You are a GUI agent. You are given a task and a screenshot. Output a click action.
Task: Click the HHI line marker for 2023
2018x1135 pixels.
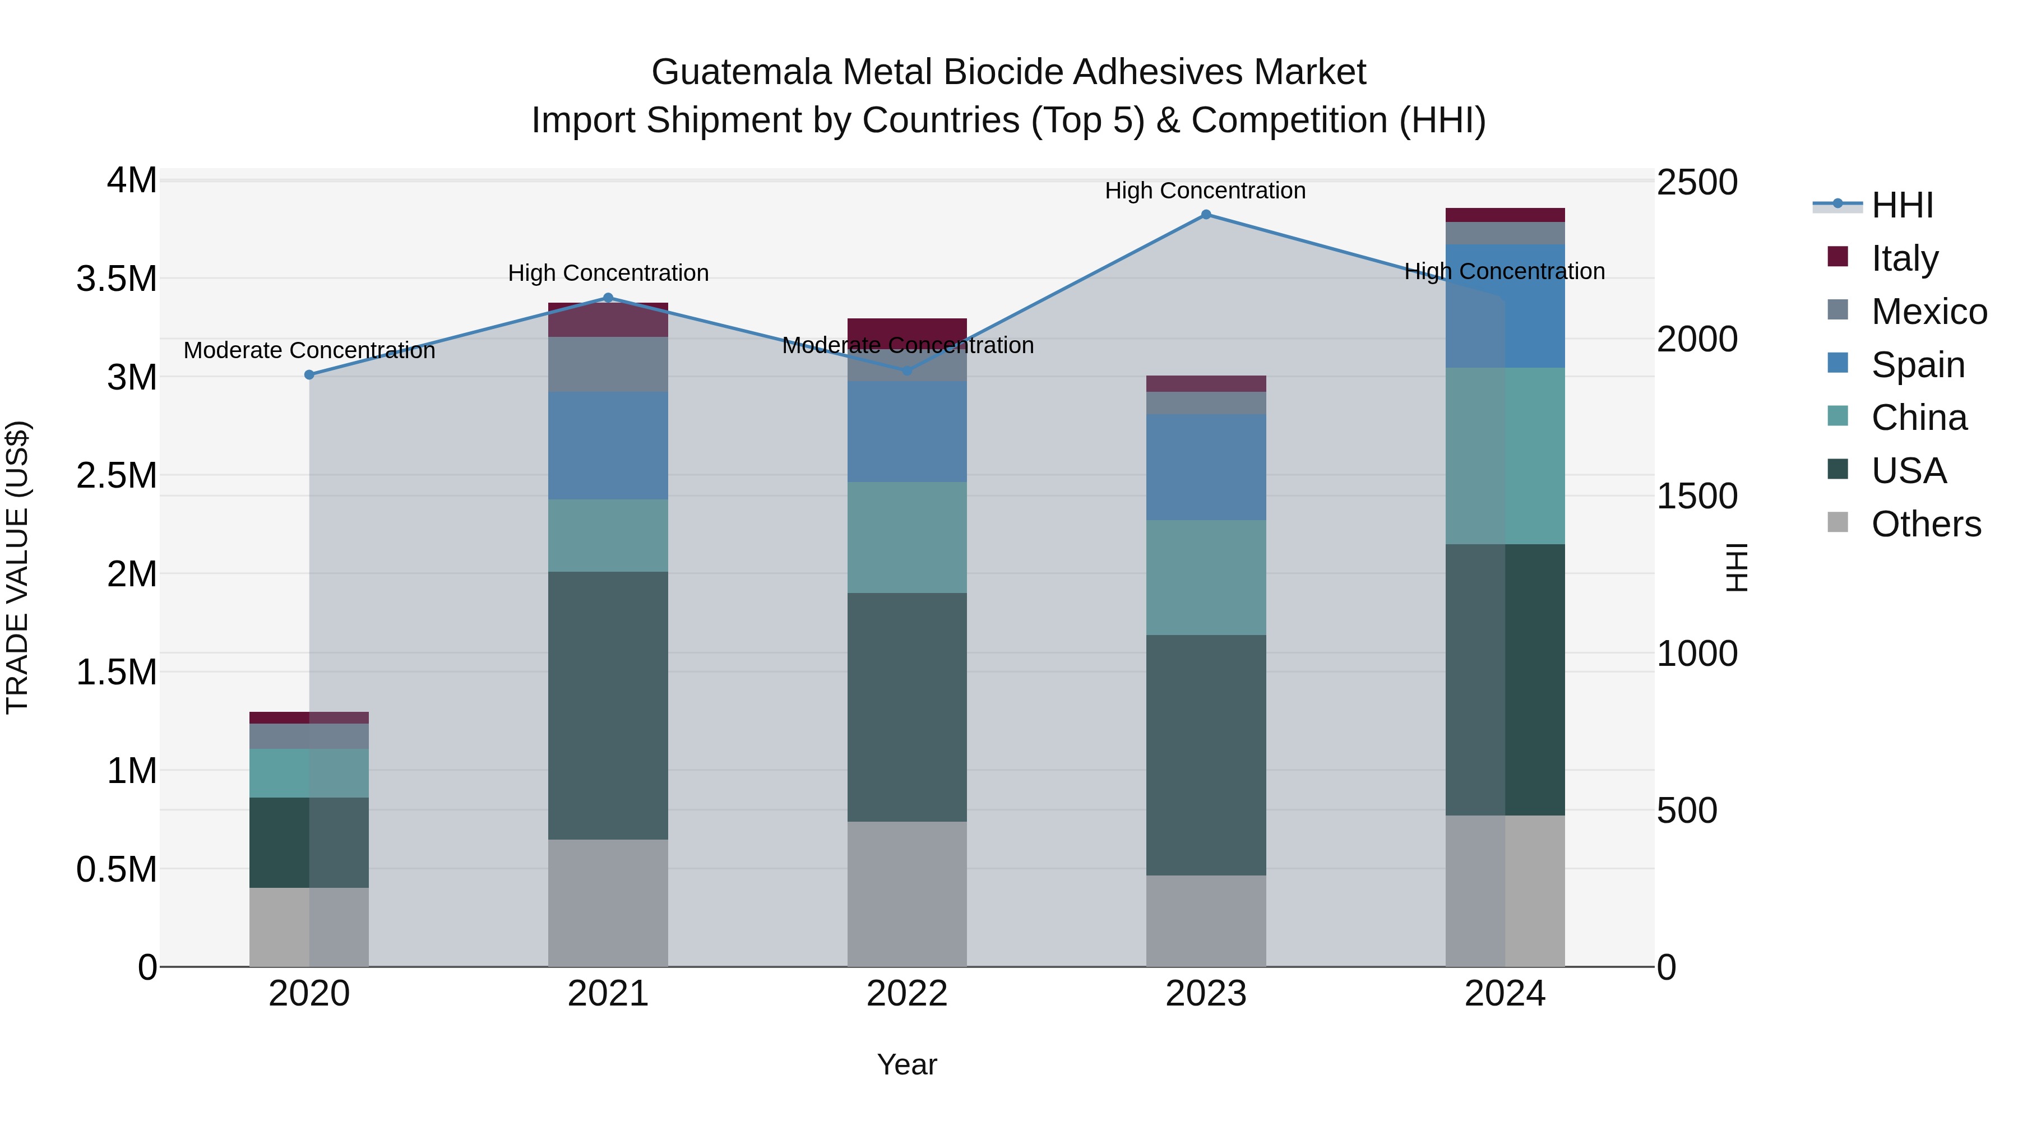[x=1206, y=215]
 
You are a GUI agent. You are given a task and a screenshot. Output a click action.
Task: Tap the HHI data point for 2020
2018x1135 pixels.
[x=309, y=375]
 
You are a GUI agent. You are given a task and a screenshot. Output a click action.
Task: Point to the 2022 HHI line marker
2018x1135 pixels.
[x=907, y=370]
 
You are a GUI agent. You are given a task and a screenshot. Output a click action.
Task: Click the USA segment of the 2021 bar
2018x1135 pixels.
[x=608, y=705]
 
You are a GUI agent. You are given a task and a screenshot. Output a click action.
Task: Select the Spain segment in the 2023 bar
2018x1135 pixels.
[x=1206, y=467]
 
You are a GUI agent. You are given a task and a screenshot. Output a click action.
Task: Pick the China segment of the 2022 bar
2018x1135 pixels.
[x=907, y=538]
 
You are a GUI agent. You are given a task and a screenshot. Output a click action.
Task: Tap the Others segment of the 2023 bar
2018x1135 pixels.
[x=1206, y=920]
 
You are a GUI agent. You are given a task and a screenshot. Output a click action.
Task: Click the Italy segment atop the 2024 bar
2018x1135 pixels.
[x=1505, y=215]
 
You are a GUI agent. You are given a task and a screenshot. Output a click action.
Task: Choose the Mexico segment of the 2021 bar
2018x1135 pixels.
[x=608, y=364]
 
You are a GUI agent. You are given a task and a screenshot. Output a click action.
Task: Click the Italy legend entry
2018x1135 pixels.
[x=1904, y=258]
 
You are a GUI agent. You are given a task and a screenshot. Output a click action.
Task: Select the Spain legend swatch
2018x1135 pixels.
[x=1837, y=363]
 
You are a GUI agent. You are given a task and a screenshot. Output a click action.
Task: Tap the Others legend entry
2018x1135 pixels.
[x=1926, y=524]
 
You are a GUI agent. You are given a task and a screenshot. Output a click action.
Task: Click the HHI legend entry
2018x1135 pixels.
[x=1902, y=205]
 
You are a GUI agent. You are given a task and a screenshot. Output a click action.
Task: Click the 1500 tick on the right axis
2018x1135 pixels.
[x=1697, y=496]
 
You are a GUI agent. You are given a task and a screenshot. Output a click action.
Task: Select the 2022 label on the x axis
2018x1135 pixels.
[x=907, y=994]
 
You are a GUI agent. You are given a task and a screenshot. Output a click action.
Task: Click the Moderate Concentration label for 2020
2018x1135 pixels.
[x=309, y=350]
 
